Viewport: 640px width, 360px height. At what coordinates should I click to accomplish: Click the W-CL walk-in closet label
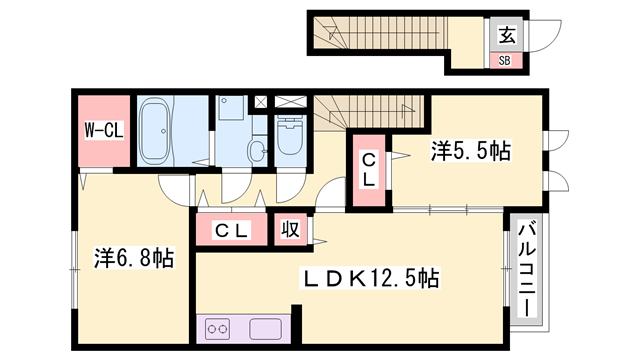point(102,130)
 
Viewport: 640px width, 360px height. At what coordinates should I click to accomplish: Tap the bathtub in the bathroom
point(156,132)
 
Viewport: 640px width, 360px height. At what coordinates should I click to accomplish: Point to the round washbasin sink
point(255,151)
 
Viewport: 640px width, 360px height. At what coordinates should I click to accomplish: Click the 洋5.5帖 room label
point(471,151)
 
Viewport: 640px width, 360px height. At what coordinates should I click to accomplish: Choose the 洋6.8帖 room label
point(134,258)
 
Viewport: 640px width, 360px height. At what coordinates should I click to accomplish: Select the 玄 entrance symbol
point(507,36)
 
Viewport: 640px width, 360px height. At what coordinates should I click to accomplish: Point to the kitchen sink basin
point(266,327)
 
